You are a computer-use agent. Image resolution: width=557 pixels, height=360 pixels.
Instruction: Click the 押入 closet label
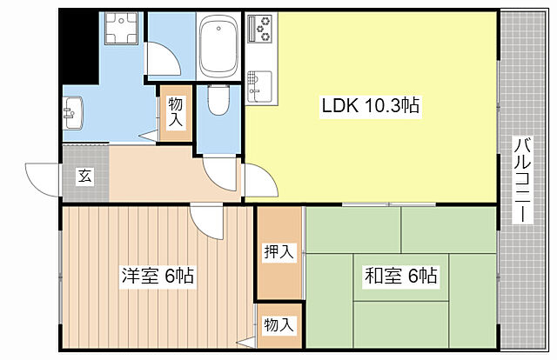click(x=278, y=252)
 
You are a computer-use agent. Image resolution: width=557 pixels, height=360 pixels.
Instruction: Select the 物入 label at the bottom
click(x=278, y=325)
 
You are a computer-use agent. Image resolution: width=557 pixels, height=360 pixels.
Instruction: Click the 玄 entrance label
click(x=85, y=176)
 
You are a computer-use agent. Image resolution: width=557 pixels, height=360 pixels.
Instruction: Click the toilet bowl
click(x=219, y=103)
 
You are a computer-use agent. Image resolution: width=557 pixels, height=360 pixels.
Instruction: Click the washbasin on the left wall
click(x=72, y=111)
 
